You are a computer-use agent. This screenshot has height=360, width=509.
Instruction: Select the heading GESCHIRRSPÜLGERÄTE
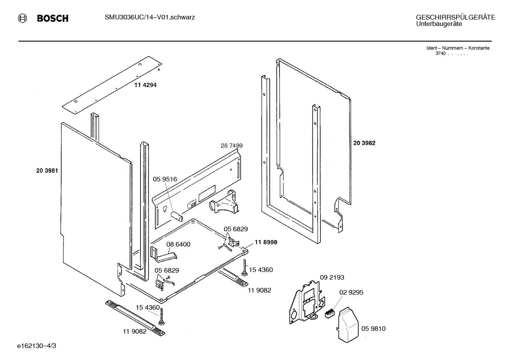click(x=455, y=17)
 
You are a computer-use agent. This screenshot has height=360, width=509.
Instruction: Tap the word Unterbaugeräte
click(x=439, y=24)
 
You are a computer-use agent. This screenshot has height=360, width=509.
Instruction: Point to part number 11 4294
click(x=145, y=85)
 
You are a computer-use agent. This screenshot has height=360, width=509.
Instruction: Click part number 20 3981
click(x=47, y=170)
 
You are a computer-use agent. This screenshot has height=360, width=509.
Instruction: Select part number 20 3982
click(x=364, y=143)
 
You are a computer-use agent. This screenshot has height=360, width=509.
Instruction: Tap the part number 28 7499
click(x=232, y=146)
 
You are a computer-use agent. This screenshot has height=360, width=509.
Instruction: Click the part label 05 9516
click(x=165, y=179)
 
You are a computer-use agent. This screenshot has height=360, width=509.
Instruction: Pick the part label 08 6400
click(x=178, y=244)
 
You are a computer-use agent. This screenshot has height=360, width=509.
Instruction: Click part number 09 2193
click(x=332, y=277)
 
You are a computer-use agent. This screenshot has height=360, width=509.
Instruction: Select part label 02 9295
click(x=351, y=293)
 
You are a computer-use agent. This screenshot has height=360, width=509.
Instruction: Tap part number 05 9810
click(x=373, y=329)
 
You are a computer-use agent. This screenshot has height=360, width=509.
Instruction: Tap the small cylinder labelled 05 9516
click(x=176, y=217)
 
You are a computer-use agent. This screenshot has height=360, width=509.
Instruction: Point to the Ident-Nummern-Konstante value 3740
click(x=440, y=53)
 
